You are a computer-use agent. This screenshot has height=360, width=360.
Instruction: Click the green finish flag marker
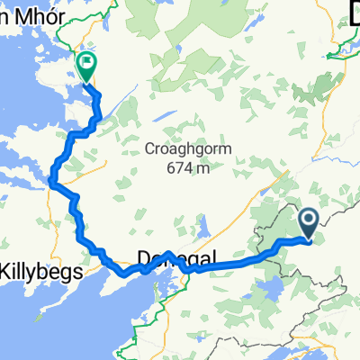point(87,66)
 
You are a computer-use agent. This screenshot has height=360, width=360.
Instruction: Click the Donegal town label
point(177,261)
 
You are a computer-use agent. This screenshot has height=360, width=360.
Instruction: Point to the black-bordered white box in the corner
point(354,10)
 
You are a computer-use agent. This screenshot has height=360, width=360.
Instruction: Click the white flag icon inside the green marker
point(87,64)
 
